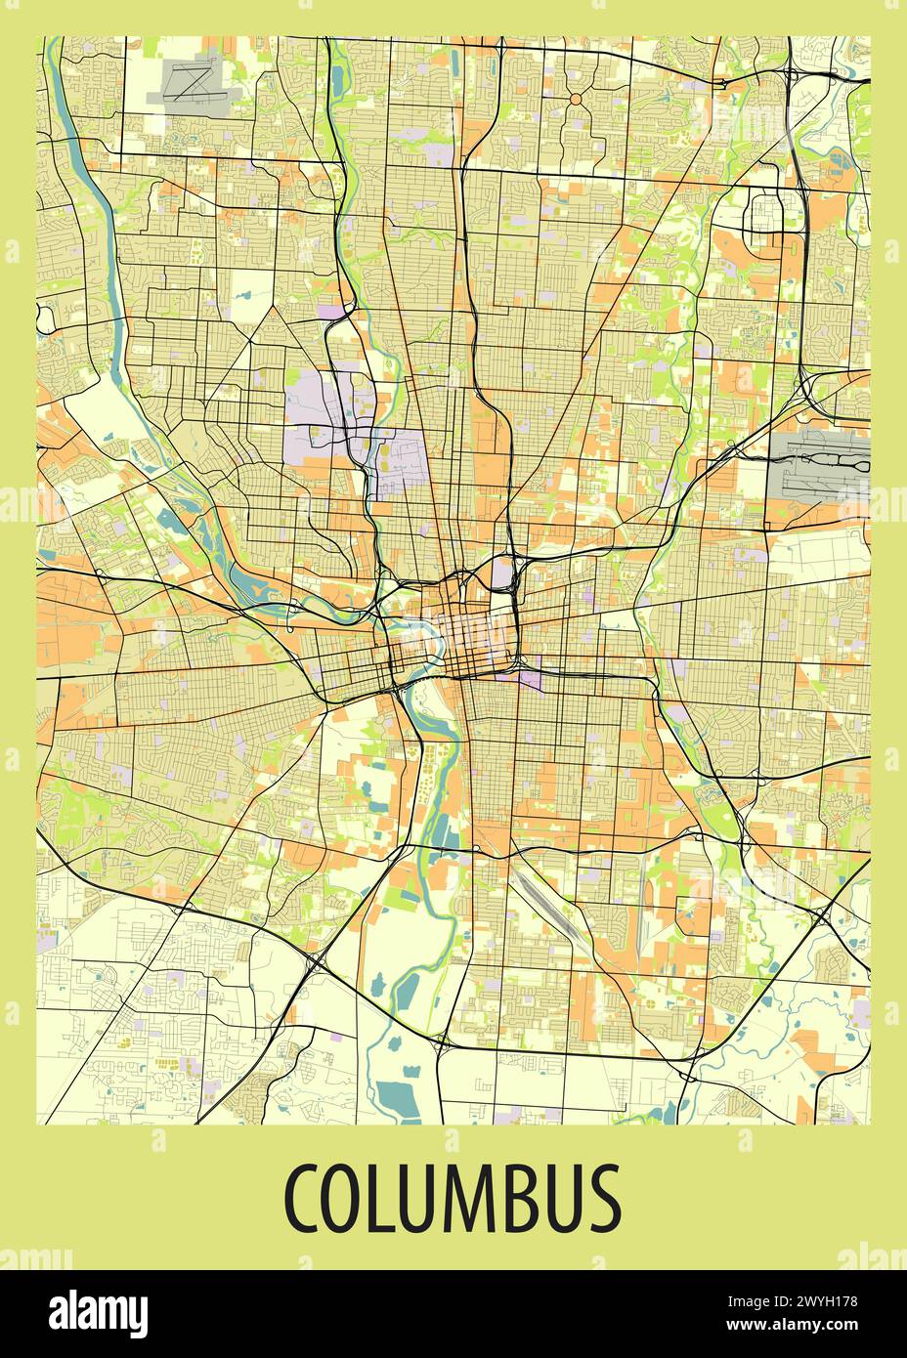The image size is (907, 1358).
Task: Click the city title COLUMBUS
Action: tap(453, 1197)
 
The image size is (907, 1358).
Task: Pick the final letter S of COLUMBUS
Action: tap(604, 1198)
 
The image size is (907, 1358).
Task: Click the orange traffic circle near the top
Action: tap(575, 99)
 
